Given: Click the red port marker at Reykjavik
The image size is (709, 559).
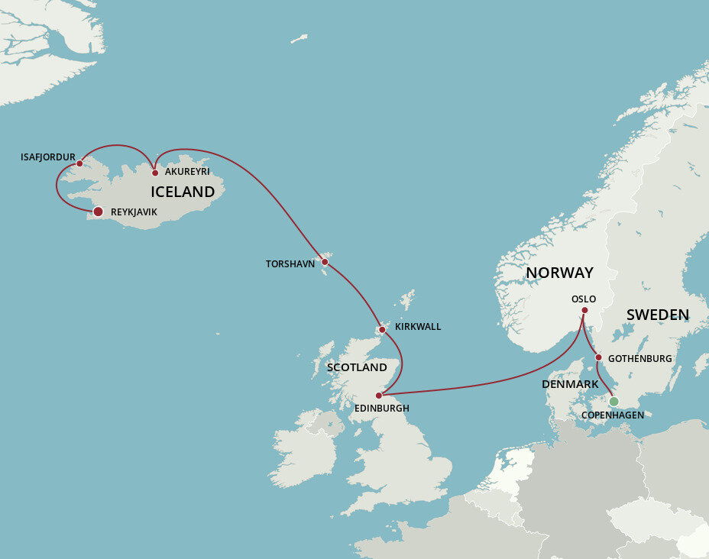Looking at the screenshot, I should [98, 212].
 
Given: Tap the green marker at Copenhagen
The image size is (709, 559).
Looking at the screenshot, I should [613, 401].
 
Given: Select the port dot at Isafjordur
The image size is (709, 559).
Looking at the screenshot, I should [79, 163].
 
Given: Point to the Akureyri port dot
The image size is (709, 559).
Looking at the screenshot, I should [155, 173].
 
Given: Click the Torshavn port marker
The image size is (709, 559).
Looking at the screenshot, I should [325, 262].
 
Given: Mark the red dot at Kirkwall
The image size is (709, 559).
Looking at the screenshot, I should [382, 330].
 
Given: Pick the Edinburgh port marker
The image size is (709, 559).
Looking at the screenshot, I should [379, 396].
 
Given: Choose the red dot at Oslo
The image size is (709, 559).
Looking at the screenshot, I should [584, 310].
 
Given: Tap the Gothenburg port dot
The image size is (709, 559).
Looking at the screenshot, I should [598, 357].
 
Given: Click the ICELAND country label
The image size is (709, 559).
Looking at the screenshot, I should [183, 192].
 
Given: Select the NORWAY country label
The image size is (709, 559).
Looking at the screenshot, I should [559, 273].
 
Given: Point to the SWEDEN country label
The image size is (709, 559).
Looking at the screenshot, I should [658, 315].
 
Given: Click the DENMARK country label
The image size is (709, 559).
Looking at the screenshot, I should [570, 383].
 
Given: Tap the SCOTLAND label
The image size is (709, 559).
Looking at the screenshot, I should [357, 367].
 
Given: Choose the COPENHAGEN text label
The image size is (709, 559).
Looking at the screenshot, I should [613, 415].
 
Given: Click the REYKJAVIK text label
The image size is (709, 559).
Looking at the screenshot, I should [134, 212].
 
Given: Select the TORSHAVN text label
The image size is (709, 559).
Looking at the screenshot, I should [290, 264].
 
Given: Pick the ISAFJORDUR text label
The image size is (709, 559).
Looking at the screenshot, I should [48, 157].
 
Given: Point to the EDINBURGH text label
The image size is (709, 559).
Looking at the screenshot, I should [382, 409].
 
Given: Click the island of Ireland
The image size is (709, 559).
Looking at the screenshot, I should [306, 451].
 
